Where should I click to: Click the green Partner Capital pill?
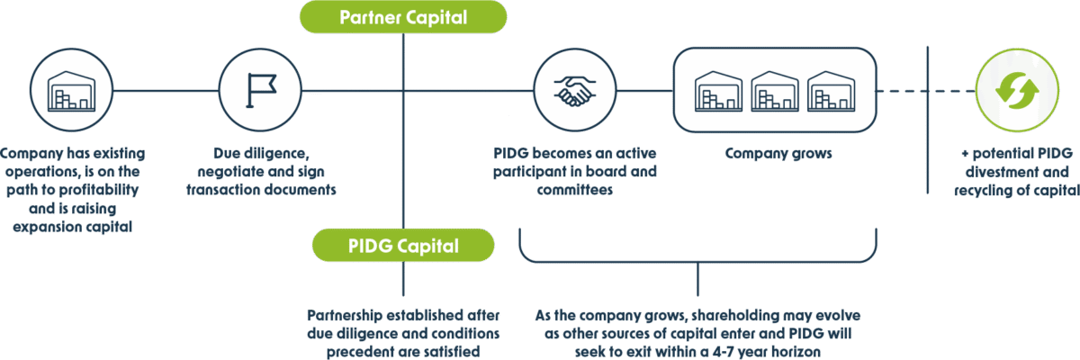(403, 17)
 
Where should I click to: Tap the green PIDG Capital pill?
(403, 246)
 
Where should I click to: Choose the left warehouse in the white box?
(719, 90)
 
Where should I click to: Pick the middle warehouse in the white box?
(775, 90)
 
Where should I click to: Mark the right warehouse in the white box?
(831, 90)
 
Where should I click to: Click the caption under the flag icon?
(261, 172)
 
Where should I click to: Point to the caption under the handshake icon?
(576, 172)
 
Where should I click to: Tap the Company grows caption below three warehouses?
(775, 156)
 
